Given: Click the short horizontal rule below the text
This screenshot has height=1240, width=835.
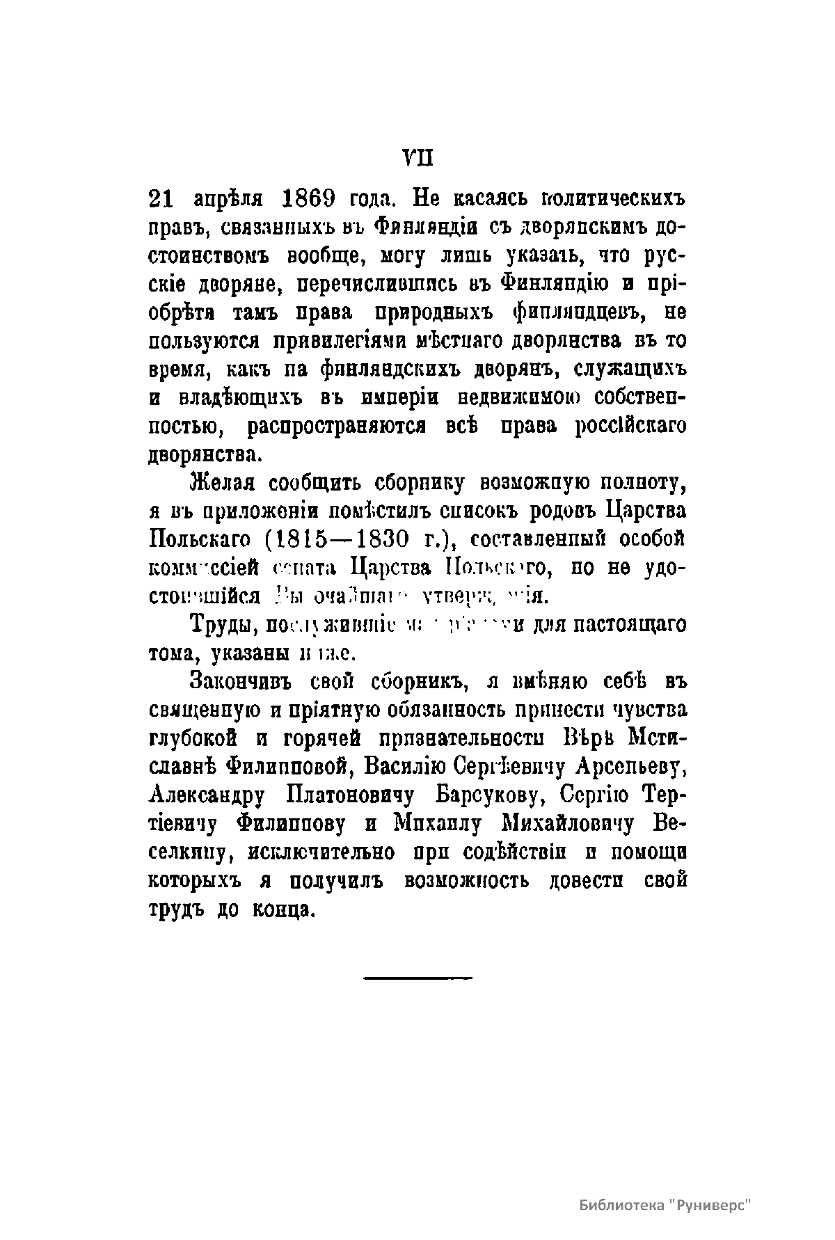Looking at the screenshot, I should [x=417, y=978].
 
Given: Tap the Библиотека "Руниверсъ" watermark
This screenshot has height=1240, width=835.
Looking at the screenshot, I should [x=666, y=1205].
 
